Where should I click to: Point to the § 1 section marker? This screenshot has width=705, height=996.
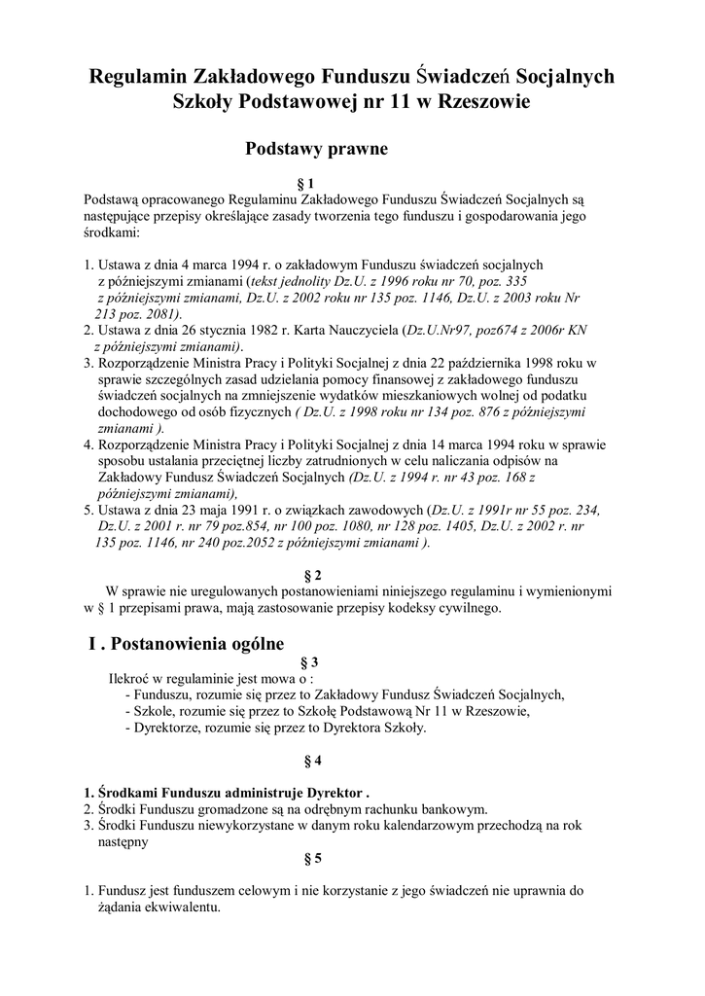pyautogui.click(x=305, y=182)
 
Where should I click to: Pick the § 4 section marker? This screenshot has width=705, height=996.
pyautogui.click(x=313, y=758)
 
